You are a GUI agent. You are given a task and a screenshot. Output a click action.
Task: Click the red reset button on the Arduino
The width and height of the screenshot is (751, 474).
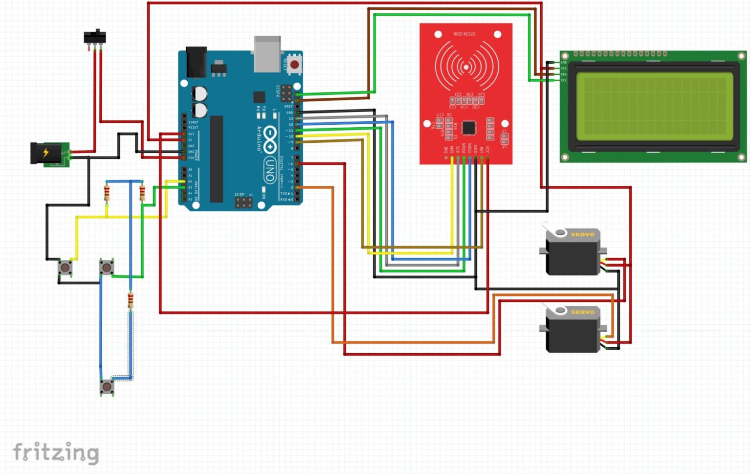[x=294, y=65]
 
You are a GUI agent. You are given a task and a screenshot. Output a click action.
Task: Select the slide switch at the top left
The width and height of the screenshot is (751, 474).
[x=95, y=37]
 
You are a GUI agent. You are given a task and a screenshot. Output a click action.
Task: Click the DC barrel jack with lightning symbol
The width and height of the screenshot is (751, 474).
[x=47, y=154]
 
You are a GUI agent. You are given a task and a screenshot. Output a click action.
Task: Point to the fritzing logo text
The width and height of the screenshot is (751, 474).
[x=56, y=452]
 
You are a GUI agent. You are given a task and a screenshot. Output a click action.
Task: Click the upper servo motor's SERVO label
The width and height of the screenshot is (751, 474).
[x=582, y=234]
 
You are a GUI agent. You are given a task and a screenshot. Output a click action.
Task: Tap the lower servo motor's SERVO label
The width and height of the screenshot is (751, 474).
[x=582, y=312]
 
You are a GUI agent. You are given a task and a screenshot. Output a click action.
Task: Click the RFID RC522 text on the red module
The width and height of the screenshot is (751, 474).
[x=464, y=34]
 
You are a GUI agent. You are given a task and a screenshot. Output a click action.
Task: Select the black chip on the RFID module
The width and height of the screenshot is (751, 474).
[x=468, y=128]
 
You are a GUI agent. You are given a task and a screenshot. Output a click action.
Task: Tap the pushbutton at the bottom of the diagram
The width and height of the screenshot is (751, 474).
[x=107, y=387]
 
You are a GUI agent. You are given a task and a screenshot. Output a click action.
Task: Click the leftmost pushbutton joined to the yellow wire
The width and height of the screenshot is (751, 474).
[x=65, y=268]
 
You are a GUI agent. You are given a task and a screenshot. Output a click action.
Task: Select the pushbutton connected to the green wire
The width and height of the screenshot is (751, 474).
[x=107, y=267]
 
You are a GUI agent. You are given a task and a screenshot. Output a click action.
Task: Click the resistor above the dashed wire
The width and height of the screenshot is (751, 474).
[x=131, y=300]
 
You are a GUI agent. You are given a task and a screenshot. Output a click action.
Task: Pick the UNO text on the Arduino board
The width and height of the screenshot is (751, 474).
[x=269, y=171]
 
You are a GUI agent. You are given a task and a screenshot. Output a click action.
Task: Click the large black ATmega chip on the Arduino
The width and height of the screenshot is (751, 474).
[x=217, y=159]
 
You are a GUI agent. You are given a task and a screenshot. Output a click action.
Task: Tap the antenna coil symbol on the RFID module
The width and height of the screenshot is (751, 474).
[x=466, y=67]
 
